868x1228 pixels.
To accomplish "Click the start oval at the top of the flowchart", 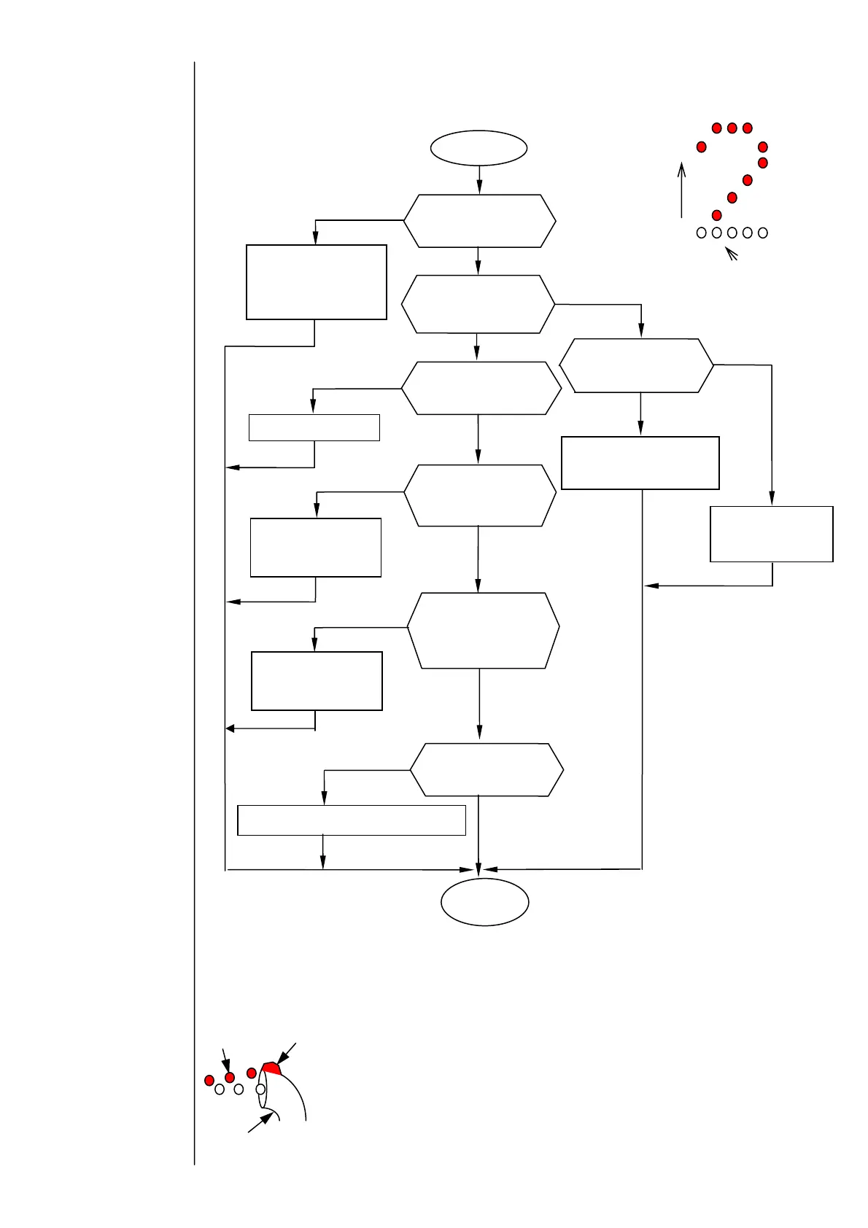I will click(478, 148).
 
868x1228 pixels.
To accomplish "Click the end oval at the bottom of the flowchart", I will click(484, 902).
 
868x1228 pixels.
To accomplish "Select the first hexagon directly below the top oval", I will click(479, 221).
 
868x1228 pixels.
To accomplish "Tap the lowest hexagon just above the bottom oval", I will click(487, 770).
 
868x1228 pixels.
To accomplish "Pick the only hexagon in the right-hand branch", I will click(637, 365).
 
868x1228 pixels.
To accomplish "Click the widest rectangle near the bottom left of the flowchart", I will click(352, 820).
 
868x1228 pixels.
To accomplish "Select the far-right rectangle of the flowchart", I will click(771, 534).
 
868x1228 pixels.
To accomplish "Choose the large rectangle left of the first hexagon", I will click(316, 282).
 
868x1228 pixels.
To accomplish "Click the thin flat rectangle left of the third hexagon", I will click(314, 427).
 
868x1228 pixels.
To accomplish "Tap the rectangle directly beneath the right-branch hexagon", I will click(640, 463).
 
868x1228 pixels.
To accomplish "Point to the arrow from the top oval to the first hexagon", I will click(479, 180).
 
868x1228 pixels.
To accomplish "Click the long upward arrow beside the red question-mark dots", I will click(681, 190).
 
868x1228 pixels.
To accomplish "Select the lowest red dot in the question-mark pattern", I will click(716, 215).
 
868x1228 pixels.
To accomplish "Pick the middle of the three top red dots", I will click(732, 128).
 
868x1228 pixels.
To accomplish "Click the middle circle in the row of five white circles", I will click(732, 233).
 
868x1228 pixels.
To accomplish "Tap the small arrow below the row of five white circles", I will click(731, 254).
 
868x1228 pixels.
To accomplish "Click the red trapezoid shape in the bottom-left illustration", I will click(271, 1068).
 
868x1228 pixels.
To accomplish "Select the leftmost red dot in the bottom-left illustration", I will click(209, 1080).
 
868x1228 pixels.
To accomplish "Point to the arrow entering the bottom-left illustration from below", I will click(260, 1123).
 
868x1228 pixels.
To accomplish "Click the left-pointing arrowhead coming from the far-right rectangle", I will click(651, 586).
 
